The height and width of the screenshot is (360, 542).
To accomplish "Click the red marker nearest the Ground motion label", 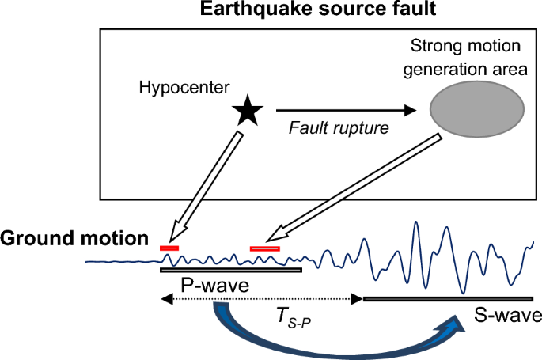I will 169,248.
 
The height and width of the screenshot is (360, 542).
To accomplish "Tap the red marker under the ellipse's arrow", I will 264,248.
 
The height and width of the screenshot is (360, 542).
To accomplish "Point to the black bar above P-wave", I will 230,270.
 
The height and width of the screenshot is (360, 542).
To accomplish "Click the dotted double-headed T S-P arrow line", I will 261,299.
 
